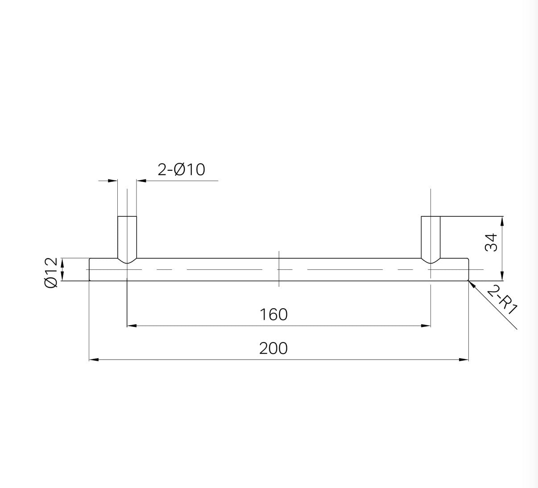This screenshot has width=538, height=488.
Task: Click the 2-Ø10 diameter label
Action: [181, 170]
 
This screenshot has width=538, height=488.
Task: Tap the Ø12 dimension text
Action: [51, 273]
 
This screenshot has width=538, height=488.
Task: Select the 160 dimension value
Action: [273, 314]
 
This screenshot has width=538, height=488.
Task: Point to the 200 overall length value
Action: [273, 348]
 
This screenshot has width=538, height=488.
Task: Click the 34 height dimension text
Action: [491, 243]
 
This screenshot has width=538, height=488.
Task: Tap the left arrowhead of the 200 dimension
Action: [94, 360]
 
